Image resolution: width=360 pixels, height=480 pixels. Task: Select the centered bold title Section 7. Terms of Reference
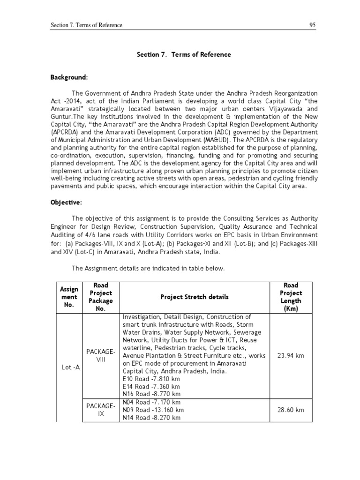tap(184, 54)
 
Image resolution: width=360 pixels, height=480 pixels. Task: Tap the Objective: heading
tap(66, 204)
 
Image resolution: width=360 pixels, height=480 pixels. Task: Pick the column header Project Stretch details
tap(195, 297)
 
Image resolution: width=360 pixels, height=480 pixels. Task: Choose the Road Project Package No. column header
tap(101, 297)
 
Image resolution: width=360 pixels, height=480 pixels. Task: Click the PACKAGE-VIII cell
tap(101, 355)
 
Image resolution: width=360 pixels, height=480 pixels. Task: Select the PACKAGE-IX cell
tap(101, 410)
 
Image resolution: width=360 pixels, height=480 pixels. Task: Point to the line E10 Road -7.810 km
tap(151, 379)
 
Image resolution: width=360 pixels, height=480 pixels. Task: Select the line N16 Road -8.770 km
tap(151, 394)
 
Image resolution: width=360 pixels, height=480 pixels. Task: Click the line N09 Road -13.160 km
tap(153, 410)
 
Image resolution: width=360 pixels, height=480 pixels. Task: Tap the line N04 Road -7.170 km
tap(151, 402)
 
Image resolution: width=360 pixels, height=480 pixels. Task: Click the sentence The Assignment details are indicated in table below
tap(148, 269)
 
